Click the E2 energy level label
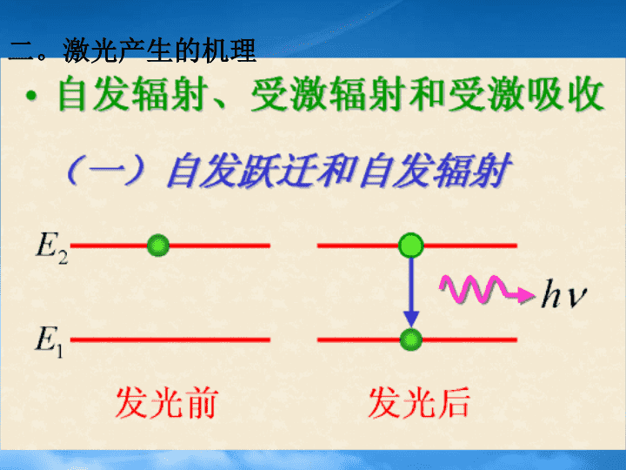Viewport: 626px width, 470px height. pyautogui.click(x=52, y=248)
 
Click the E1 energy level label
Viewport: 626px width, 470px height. pyautogui.click(x=49, y=342)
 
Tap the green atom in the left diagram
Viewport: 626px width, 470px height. pyautogui.click(x=158, y=245)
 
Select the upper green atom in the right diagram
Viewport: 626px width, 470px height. pyautogui.click(x=410, y=245)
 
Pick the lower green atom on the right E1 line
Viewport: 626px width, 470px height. pyautogui.click(x=410, y=339)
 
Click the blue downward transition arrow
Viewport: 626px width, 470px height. pyautogui.click(x=410, y=292)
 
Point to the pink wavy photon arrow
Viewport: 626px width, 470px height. pyautogui.click(x=486, y=290)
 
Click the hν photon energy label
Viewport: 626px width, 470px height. pyautogui.click(x=563, y=294)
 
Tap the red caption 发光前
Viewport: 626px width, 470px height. pyautogui.click(x=167, y=403)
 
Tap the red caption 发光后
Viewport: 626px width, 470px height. pyautogui.click(x=419, y=403)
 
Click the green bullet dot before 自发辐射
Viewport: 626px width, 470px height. pyautogui.click(x=31, y=96)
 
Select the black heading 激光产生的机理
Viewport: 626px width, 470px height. pyautogui.click(x=159, y=50)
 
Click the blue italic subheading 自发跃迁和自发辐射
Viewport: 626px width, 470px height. pyautogui.click(x=338, y=171)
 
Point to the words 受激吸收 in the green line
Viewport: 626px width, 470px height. pyautogui.click(x=527, y=94)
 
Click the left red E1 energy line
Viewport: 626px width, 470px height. pyautogui.click(x=170, y=339)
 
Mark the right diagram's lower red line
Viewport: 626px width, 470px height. pyautogui.click(x=417, y=339)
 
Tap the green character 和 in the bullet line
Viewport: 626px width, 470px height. pyautogui.click(x=427, y=94)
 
